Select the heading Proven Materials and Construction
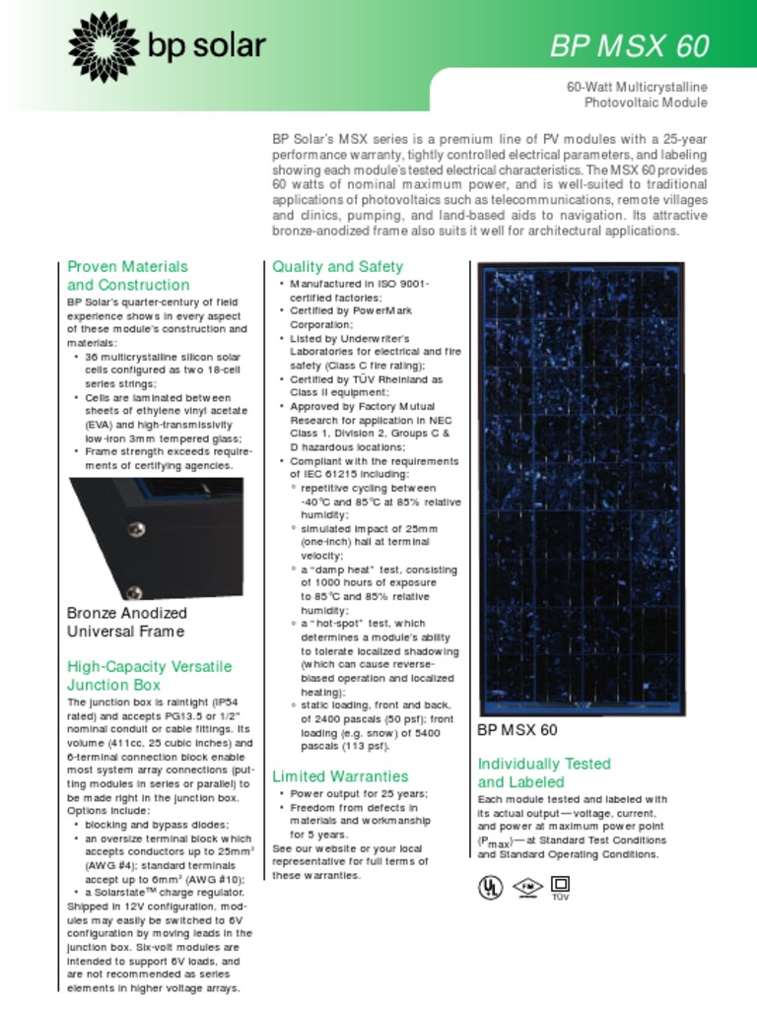[x=128, y=276]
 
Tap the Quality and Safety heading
[x=337, y=266]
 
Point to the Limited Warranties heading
[x=339, y=775]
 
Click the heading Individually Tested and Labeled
[x=544, y=773]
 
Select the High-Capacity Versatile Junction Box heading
[x=149, y=676]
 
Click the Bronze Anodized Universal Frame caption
[x=126, y=622]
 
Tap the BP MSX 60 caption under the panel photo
[x=516, y=730]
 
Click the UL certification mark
[x=489, y=886]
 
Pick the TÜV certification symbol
[x=560, y=886]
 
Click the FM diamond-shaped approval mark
[x=527, y=886]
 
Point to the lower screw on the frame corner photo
[x=134, y=592]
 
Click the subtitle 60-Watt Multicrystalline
[x=637, y=88]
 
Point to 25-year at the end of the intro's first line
[x=683, y=140]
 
